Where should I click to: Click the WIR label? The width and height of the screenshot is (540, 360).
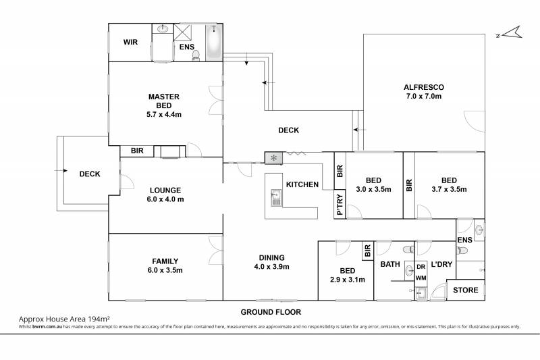coord(130,42)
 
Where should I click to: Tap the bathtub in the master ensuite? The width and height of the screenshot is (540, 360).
coord(214,43)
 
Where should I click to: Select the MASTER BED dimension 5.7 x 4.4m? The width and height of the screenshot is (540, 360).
coord(164,114)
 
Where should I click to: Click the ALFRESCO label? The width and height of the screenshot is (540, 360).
coord(424,87)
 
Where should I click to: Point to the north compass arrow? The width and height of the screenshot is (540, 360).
coord(512,32)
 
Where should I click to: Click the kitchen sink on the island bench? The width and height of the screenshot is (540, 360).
coord(276,198)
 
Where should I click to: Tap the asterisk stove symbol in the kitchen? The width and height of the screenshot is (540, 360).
coord(274,158)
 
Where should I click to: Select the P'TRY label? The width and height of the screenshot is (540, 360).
coord(340,204)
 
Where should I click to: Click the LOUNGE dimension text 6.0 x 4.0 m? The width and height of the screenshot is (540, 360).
coord(165,199)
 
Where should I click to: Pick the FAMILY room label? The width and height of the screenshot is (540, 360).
coord(165,261)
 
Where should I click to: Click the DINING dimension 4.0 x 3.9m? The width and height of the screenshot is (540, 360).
coord(272,267)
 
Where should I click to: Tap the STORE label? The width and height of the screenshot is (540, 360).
coord(466,290)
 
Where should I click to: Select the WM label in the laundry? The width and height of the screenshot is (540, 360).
coord(421,278)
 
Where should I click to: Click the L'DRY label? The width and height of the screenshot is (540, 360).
coord(441,264)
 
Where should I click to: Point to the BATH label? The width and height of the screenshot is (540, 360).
coord(390,264)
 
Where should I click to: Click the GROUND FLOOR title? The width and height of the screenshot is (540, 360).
coord(271,312)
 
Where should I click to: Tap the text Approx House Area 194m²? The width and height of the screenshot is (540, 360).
coord(64,319)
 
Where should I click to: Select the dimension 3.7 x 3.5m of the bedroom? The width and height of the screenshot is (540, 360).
coord(449,189)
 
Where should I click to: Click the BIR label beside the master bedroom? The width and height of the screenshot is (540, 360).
coord(137,151)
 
